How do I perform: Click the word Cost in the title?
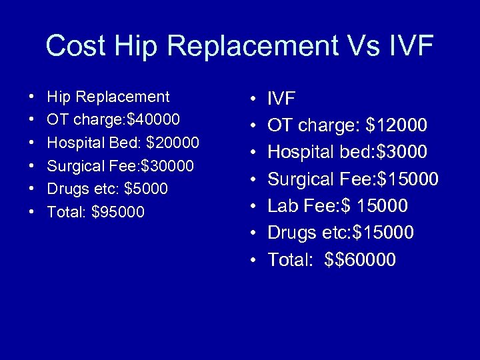pos(75,46)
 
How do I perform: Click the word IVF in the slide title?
pos(410,46)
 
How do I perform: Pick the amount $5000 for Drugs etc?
pos(146,189)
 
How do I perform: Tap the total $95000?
pos(118,213)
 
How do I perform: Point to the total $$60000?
pos(360,260)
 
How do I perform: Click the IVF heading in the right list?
pos(281,99)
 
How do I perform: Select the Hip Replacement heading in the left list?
pos(108,97)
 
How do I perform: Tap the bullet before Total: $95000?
pos(33,213)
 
